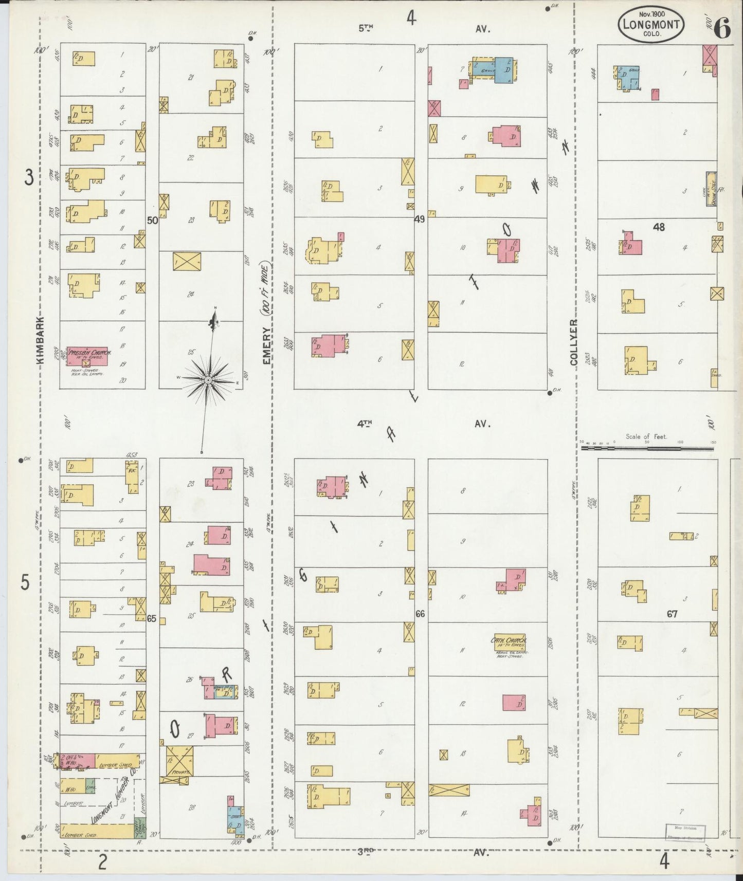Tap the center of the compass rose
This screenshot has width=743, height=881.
[208, 380]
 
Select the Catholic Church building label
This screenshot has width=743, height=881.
[509, 641]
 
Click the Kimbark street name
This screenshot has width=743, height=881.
[41, 340]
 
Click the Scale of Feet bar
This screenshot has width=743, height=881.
[647, 448]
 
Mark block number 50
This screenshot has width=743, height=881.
[152, 221]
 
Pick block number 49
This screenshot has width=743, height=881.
[420, 219]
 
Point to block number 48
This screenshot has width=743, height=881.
[658, 227]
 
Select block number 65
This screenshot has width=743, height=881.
[151, 618]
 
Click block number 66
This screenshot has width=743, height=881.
[420, 614]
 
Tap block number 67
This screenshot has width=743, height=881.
[672, 614]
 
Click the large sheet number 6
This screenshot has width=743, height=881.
[721, 29]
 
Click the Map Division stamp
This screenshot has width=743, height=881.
[685, 832]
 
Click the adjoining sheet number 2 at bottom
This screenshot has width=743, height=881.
[102, 862]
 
